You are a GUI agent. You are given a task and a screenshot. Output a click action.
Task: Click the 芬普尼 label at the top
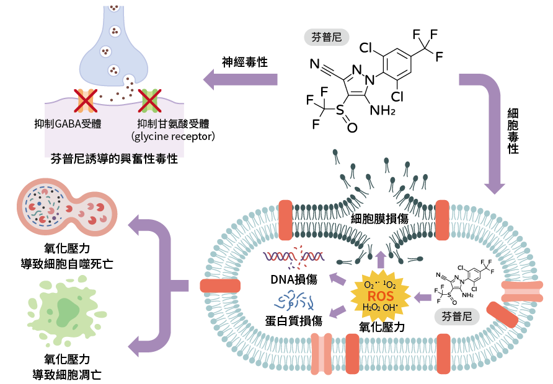pyautogui.click(x=327, y=37)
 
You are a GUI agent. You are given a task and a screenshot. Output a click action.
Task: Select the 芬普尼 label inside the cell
pyautogui.click(x=457, y=316)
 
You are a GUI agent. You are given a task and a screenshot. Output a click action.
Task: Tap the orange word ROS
pyautogui.click(x=381, y=296)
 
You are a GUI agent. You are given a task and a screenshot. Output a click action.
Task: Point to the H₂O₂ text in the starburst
pyautogui.click(x=371, y=308)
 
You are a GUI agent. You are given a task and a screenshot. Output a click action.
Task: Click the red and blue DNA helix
pyautogui.click(x=293, y=257)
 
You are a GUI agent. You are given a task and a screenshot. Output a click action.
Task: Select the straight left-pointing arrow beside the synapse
pyautogui.click(x=241, y=79)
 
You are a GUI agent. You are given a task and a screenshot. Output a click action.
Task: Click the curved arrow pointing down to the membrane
pyautogui.click(x=490, y=130)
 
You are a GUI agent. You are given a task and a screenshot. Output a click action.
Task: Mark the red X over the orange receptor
pyautogui.click(x=86, y=100)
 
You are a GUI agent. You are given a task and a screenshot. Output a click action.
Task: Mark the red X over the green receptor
pyautogui.click(x=149, y=100)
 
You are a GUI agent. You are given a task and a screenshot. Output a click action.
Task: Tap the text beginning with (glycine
pyautogui.click(x=158, y=136)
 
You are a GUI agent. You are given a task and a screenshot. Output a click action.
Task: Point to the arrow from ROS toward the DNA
pyautogui.click(x=338, y=279)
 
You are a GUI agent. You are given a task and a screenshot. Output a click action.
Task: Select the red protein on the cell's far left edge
pyautogui.click(x=219, y=286)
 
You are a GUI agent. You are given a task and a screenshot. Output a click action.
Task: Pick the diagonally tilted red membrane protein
pyautogui.click(x=502, y=315)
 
